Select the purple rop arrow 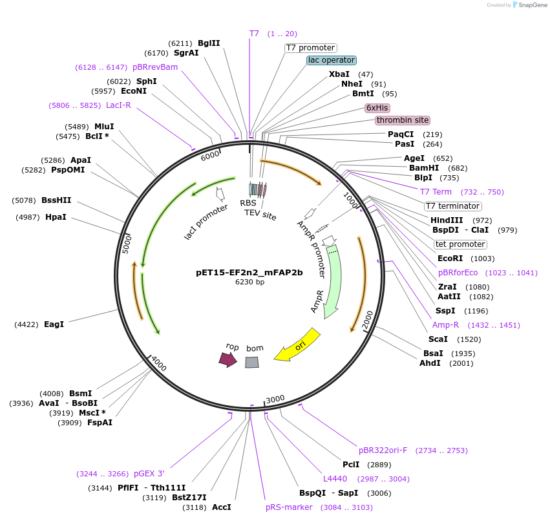227,359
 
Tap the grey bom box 252,362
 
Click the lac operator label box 332,60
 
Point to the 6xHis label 377,108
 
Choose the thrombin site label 402,120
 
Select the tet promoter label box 460,244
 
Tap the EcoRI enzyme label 451,259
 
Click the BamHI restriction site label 424,168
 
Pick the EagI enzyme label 54,324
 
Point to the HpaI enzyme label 56,217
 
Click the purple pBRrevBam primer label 155,67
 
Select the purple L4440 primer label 335,479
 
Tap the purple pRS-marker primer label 289,507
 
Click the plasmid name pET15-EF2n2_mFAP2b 249,272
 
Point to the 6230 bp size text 249,282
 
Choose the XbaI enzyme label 339,74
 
